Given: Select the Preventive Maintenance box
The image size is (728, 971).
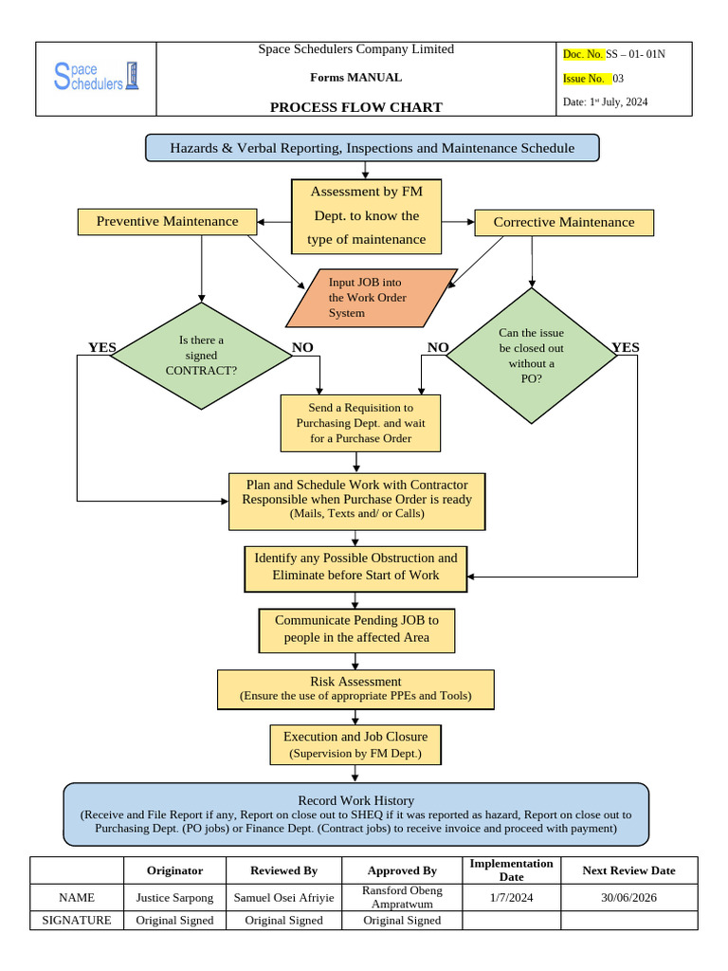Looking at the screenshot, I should (167, 222).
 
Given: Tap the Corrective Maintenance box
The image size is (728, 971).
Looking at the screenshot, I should (564, 223).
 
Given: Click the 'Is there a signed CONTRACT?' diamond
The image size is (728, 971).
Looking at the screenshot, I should (201, 356).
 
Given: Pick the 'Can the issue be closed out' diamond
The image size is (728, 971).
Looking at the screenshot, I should (531, 356).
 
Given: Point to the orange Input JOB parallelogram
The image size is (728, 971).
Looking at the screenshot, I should (371, 298).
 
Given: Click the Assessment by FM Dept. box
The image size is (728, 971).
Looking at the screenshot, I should (366, 216).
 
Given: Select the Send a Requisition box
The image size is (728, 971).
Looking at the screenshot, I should (360, 423).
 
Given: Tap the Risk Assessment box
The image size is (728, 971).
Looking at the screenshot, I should (355, 688).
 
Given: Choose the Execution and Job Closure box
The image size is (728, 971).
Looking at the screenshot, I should (355, 744).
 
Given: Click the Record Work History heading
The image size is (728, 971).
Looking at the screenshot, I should (355, 800).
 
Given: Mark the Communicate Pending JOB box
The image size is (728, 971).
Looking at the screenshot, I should (356, 629).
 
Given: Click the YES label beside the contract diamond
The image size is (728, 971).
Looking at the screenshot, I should (101, 348).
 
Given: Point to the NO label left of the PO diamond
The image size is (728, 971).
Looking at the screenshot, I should (437, 348).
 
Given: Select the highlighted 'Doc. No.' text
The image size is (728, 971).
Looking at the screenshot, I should (583, 54).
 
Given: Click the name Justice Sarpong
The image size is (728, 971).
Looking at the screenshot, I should (175, 897).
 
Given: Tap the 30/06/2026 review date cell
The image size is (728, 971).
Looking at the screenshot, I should (629, 897).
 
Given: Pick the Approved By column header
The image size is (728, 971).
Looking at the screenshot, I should (402, 870).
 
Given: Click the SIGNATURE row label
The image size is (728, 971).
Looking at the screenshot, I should (77, 921).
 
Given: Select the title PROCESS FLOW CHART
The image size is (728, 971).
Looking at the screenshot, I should (355, 107).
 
